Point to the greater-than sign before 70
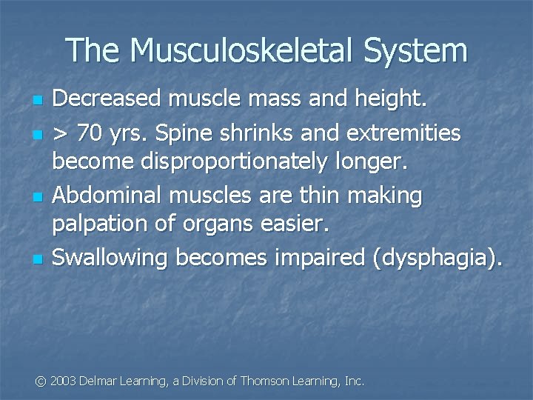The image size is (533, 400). [x=61, y=135]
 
